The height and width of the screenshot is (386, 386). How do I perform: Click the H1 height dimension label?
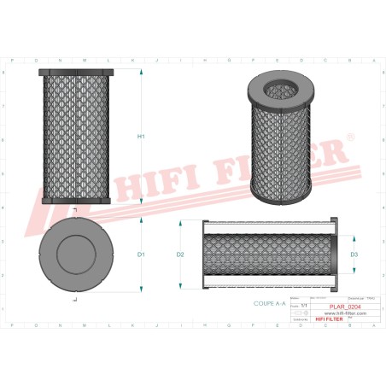pyautogui.click(x=142, y=137)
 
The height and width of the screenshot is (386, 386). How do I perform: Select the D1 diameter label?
pyautogui.click(x=142, y=254)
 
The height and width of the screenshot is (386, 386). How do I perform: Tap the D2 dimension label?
pyautogui.click(x=180, y=254)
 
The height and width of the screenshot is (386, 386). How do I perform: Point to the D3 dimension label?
pyautogui.click(x=354, y=254)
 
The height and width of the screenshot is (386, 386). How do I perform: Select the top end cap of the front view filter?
pyautogui.click(x=76, y=72)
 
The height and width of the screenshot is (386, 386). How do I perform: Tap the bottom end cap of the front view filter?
pyautogui.click(x=76, y=201)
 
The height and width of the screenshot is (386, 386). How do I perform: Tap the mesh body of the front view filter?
pyautogui.click(x=76, y=137)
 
